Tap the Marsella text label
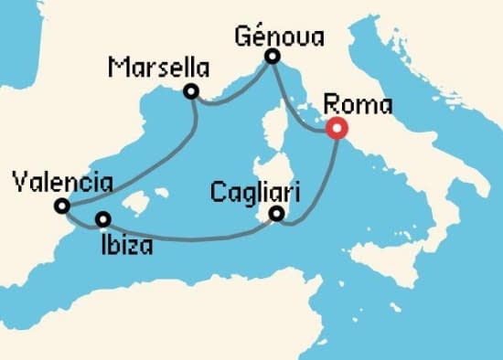coord(157,68)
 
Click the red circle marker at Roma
coord(336,130)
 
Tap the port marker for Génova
coord(273,58)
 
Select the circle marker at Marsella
coord(191,90)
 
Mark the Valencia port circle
coord(61,206)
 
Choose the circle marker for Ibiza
coord(103,219)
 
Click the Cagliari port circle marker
coord(277,216)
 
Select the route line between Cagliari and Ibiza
coord(192,239)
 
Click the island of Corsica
coord(270,137)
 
